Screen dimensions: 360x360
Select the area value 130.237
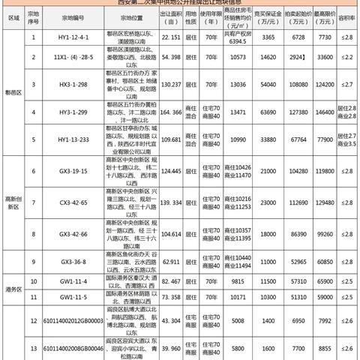(x=171, y=85)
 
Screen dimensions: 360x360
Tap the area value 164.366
(x=171, y=112)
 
